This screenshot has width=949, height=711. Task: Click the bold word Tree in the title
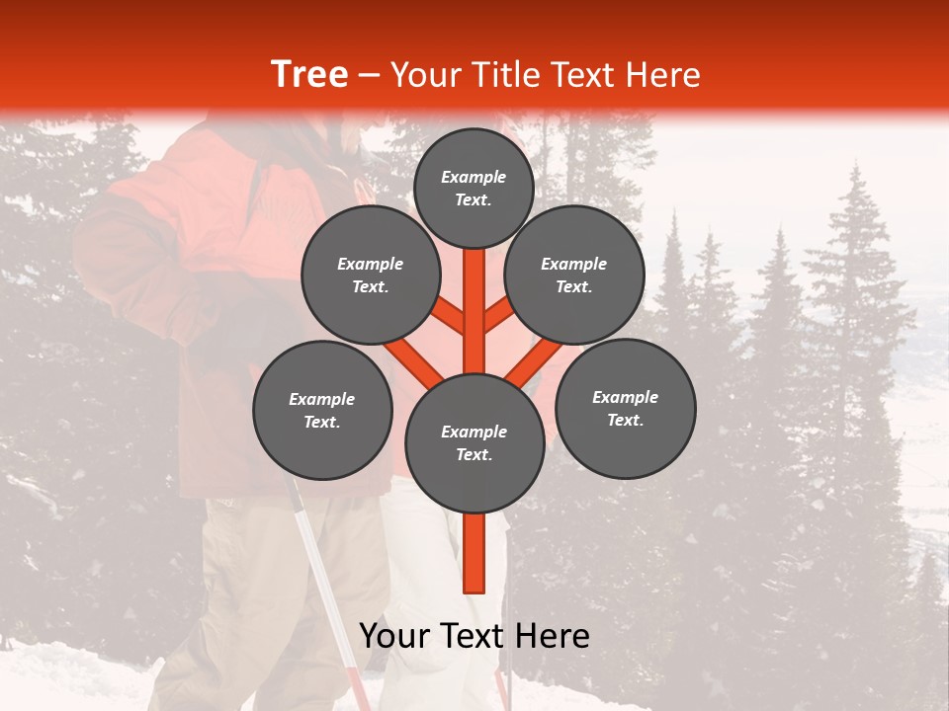coord(309,74)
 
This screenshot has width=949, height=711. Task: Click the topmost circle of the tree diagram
coord(474,188)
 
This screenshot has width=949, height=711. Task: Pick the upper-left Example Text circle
coord(370,276)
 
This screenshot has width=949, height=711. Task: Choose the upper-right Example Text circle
coord(574,276)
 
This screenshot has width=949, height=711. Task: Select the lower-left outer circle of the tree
coord(322,410)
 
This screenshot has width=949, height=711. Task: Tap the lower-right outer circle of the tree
coord(625,408)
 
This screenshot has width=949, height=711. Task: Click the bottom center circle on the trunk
coord(474,442)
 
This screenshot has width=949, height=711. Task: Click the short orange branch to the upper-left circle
coord(450,317)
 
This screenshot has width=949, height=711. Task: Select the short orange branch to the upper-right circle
coord(497,317)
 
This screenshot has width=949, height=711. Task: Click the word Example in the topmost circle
coord(474,177)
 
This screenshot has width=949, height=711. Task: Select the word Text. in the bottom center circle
coord(474,454)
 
